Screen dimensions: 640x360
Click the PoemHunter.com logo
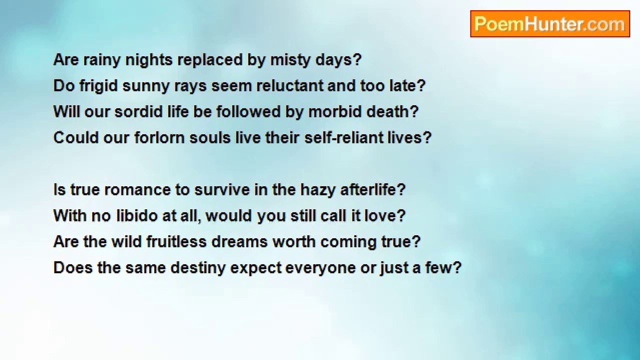coord(550,24)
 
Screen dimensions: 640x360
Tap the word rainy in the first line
coord(101,60)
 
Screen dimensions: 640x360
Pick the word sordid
coord(138,111)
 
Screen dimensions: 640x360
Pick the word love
coord(385,215)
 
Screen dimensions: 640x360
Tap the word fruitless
coord(176,241)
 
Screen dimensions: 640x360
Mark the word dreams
coord(239,241)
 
